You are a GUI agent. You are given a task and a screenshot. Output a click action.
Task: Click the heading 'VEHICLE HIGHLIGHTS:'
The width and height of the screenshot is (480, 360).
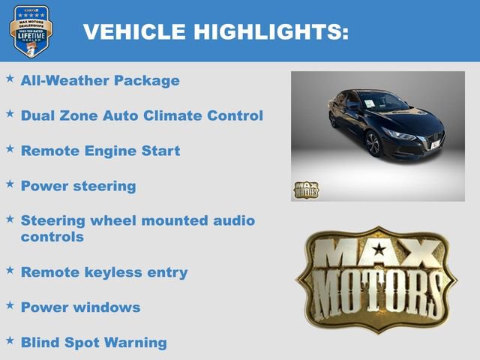point(215,31)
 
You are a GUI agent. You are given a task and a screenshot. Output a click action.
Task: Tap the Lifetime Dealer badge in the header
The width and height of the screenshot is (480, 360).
point(30,31)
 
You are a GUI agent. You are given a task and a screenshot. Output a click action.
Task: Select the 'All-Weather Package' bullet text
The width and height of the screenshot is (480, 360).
point(100,80)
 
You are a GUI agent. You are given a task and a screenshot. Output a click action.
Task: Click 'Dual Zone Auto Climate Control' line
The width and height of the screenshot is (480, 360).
point(142,115)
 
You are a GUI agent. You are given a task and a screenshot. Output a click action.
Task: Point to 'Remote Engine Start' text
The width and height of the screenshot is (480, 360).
point(100,151)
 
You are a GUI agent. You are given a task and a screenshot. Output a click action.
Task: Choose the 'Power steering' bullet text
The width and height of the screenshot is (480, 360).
point(78,186)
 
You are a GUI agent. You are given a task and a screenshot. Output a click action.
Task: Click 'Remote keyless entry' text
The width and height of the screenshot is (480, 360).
point(104,272)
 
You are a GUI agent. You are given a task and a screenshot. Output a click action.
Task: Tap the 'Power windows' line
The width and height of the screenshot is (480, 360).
point(80,307)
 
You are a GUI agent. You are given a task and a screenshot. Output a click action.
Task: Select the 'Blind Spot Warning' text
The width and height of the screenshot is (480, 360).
point(94,343)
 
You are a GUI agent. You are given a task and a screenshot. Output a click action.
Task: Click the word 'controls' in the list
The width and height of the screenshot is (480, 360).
point(52,237)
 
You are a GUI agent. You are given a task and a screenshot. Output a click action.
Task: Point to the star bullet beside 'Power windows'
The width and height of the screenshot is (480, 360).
point(10,304)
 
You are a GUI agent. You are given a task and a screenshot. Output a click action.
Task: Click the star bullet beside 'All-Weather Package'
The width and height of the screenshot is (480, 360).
point(10,77)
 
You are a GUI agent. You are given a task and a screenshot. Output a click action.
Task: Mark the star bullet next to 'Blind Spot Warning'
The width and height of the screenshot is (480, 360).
point(10,340)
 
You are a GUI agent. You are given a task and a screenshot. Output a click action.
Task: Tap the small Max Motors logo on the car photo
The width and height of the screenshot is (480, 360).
point(305,189)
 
